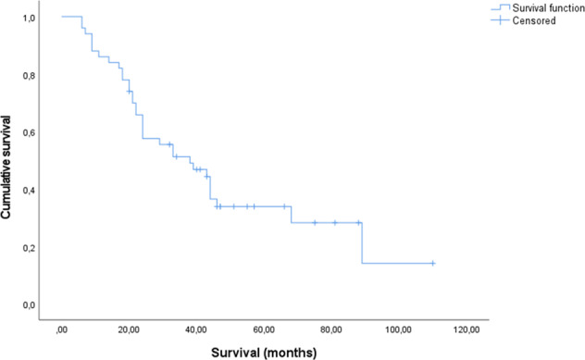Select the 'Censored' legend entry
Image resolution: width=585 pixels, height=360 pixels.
[524, 19]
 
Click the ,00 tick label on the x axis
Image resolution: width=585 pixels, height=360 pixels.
[62, 329]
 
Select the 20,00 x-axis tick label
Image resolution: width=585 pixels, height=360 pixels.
[130, 329]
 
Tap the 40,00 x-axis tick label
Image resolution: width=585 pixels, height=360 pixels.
[196, 329]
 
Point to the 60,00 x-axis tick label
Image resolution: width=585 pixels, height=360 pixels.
[264, 329]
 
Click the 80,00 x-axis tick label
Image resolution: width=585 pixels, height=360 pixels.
[331, 329]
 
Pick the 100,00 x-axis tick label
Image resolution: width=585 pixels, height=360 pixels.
[399, 329]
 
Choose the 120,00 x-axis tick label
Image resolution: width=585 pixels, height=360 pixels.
[467, 329]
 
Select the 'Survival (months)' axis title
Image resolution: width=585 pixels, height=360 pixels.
[263, 352]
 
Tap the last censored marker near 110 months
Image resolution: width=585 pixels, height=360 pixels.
[432, 263]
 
